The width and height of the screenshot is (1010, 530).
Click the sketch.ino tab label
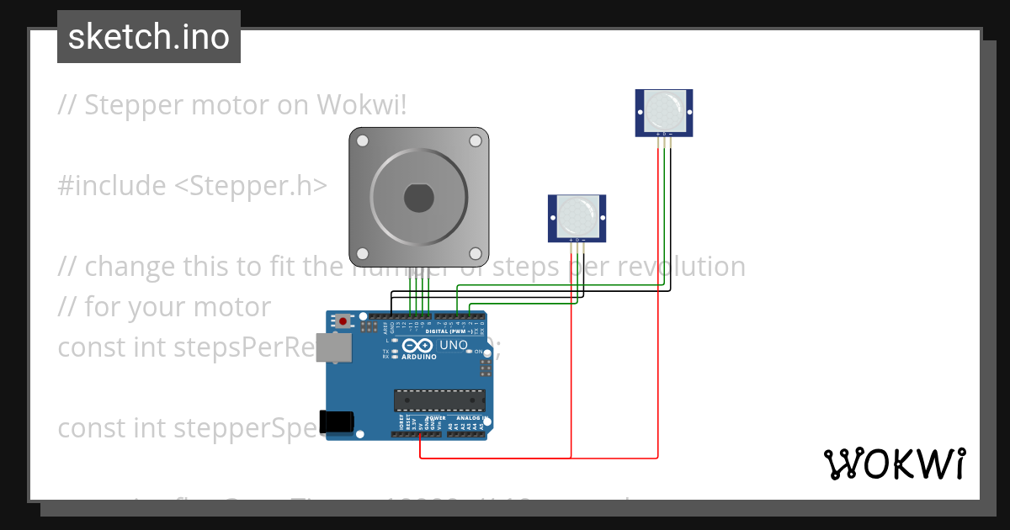tap(149, 37)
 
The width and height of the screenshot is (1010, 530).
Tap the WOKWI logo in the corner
tap(895, 464)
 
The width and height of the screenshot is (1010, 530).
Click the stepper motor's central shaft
tap(418, 198)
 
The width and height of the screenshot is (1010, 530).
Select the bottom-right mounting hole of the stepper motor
tap(476, 253)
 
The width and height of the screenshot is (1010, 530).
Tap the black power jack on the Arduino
tap(338, 421)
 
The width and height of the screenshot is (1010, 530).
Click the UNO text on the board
tap(454, 345)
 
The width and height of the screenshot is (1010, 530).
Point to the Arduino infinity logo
tap(418, 346)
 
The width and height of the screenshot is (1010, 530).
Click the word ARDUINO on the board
tap(419, 357)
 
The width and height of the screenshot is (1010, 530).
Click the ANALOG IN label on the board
tap(471, 417)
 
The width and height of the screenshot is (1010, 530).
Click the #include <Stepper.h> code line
tap(192, 186)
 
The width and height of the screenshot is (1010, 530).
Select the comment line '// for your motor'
tap(164, 307)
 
